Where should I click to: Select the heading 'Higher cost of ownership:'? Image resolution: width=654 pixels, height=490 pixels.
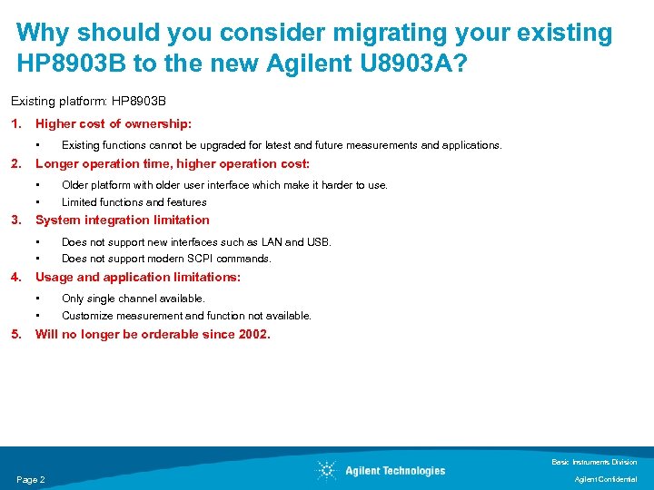(113, 123)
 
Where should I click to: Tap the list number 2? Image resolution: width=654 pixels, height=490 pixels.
(15, 163)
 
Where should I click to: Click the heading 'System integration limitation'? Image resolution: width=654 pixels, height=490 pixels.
(122, 220)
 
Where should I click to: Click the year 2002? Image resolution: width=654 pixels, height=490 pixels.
(252, 334)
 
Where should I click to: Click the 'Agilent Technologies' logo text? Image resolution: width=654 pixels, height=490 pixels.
(395, 470)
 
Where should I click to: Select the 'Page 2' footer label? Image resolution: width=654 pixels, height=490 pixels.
(31, 479)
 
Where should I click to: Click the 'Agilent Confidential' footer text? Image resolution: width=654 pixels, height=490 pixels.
(607, 479)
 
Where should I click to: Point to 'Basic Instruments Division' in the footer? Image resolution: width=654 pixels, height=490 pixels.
(595, 462)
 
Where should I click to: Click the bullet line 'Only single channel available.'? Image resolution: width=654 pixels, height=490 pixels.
(134, 299)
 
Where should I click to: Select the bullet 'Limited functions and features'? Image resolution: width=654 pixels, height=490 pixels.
(134, 202)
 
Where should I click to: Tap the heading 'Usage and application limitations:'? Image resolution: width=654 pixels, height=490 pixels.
(138, 277)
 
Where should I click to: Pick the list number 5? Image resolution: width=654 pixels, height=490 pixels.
(15, 334)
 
